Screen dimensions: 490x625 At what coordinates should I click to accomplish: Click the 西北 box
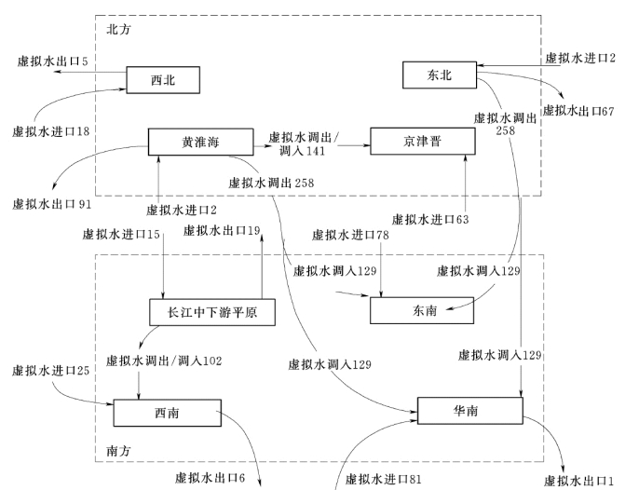163,80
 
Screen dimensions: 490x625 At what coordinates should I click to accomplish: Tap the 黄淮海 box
201,142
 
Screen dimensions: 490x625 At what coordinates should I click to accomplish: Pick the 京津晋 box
417,142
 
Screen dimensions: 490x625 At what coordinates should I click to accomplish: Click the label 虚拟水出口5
52,61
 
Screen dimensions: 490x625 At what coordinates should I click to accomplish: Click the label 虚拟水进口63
428,220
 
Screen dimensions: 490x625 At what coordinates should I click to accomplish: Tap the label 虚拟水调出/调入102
164,359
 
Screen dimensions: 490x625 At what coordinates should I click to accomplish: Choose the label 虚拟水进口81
384,479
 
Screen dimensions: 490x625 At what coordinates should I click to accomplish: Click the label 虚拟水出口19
221,231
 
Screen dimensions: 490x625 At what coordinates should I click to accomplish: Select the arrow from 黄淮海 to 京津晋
312,143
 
